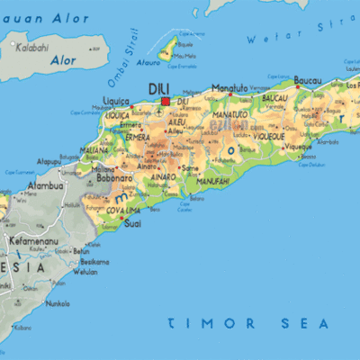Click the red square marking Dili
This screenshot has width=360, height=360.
pos(165,102)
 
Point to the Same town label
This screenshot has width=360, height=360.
pos(190,167)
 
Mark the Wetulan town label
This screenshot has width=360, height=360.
pos(85,271)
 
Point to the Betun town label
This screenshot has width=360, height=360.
pos(83,251)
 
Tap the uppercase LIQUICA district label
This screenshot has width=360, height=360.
pos(118,115)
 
